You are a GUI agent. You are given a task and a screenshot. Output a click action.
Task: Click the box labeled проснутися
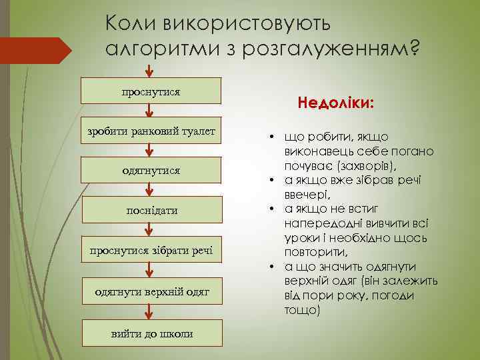point(151,91)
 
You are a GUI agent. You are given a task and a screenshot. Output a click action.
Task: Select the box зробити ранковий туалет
point(151,131)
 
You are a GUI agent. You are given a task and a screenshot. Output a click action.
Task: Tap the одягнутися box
point(151,171)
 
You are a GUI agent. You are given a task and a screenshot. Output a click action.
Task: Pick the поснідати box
point(151,210)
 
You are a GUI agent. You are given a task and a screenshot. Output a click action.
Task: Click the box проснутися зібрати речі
point(151,250)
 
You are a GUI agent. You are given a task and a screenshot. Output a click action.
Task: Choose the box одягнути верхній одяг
point(151,291)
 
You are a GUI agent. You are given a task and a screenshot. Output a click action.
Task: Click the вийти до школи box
point(151,333)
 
